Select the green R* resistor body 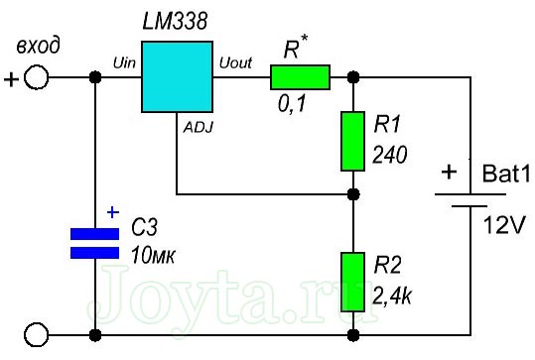[x=301, y=76]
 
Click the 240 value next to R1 [x=391, y=155]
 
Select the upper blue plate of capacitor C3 [x=94, y=234]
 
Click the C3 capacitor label [x=145, y=229]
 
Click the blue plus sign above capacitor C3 [x=111, y=211]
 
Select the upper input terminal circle [x=36, y=77]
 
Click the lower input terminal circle [x=36, y=333]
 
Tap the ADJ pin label [x=197, y=126]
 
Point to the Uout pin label [x=234, y=62]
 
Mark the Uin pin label [x=124, y=62]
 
